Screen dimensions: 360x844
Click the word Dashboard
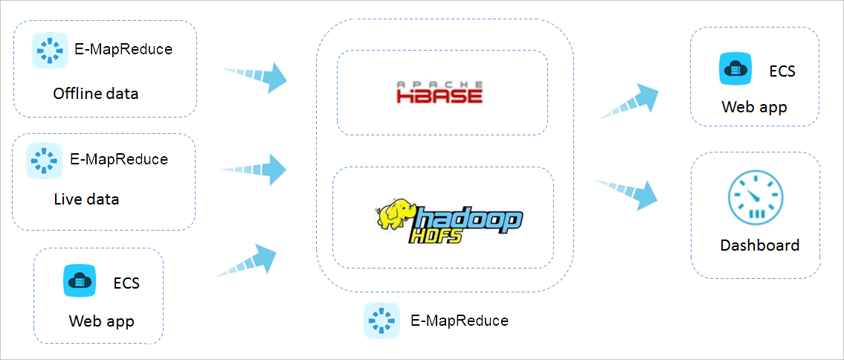coord(759,245)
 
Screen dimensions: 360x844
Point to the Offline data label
coord(95,94)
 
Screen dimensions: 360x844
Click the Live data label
coord(86,199)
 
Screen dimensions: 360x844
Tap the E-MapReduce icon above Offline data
coord(50,51)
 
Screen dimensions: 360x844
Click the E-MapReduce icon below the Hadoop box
coord(381,321)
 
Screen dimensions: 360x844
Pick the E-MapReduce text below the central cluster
coord(459,321)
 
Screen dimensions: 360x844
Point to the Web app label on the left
coord(101,321)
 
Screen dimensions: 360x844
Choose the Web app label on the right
coord(754,107)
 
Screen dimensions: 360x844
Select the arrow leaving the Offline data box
coord(256,76)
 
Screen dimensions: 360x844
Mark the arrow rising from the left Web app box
coord(248,262)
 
